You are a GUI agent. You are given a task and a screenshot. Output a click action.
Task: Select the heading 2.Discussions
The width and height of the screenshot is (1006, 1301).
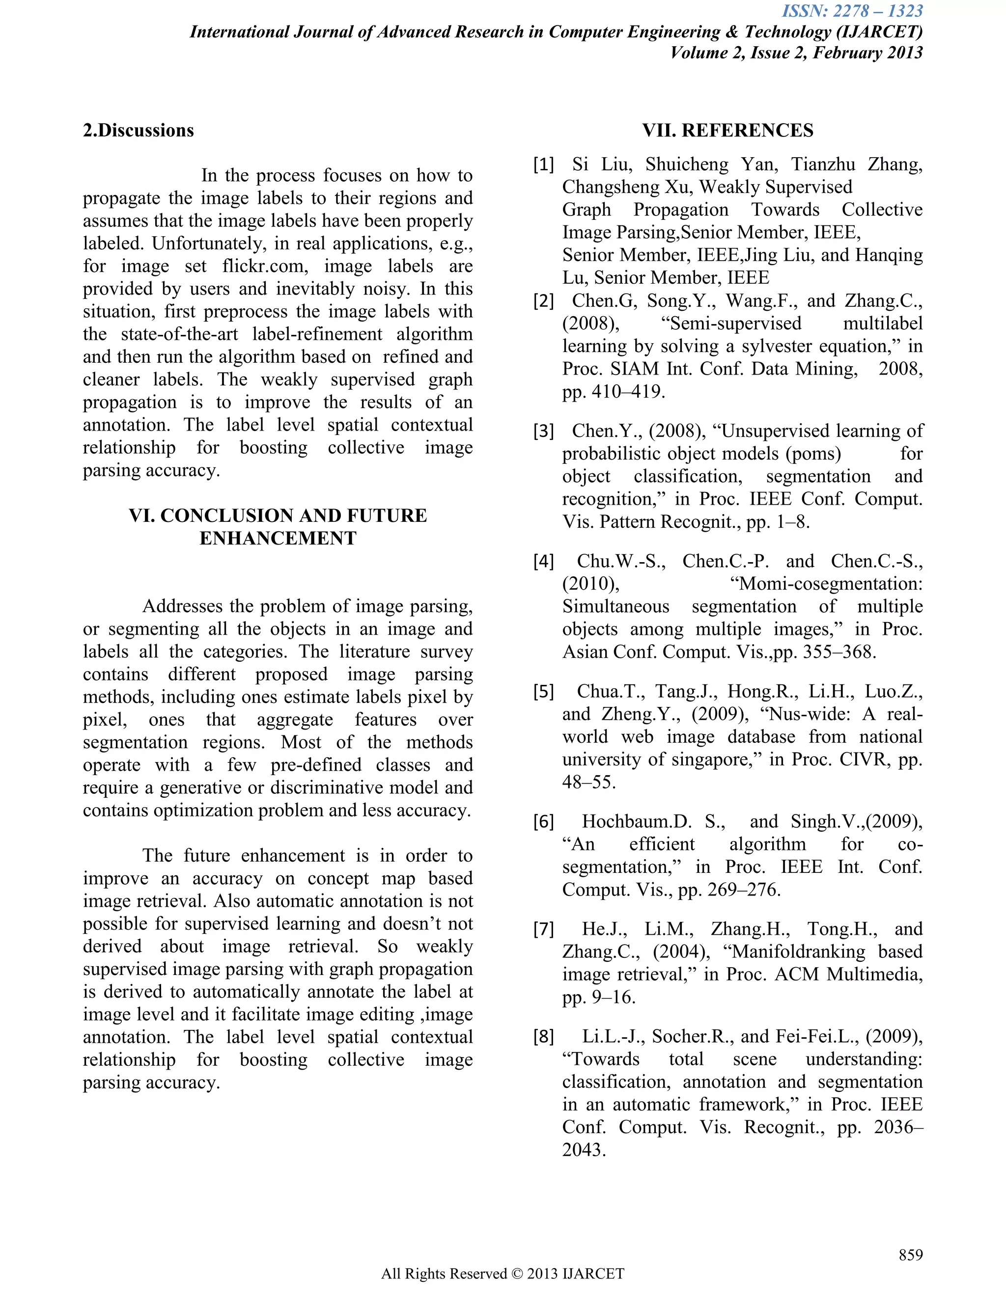pos(138,131)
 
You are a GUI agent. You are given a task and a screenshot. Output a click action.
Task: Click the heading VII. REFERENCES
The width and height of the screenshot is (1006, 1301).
pos(727,131)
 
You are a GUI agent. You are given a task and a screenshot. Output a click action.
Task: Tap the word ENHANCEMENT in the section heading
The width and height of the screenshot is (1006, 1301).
pos(278,539)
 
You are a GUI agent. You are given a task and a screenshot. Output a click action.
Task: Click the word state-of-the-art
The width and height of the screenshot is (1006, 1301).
pos(179,334)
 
